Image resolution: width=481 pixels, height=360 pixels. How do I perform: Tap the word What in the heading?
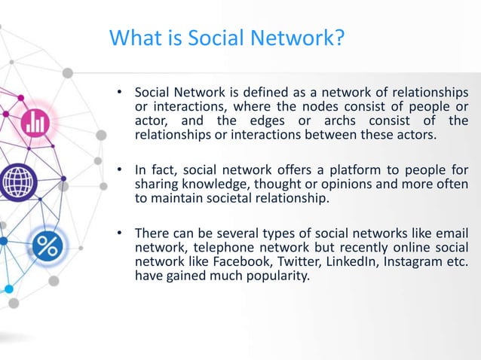[x=135, y=37]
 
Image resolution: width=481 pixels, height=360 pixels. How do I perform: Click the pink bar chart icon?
[x=35, y=122]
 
